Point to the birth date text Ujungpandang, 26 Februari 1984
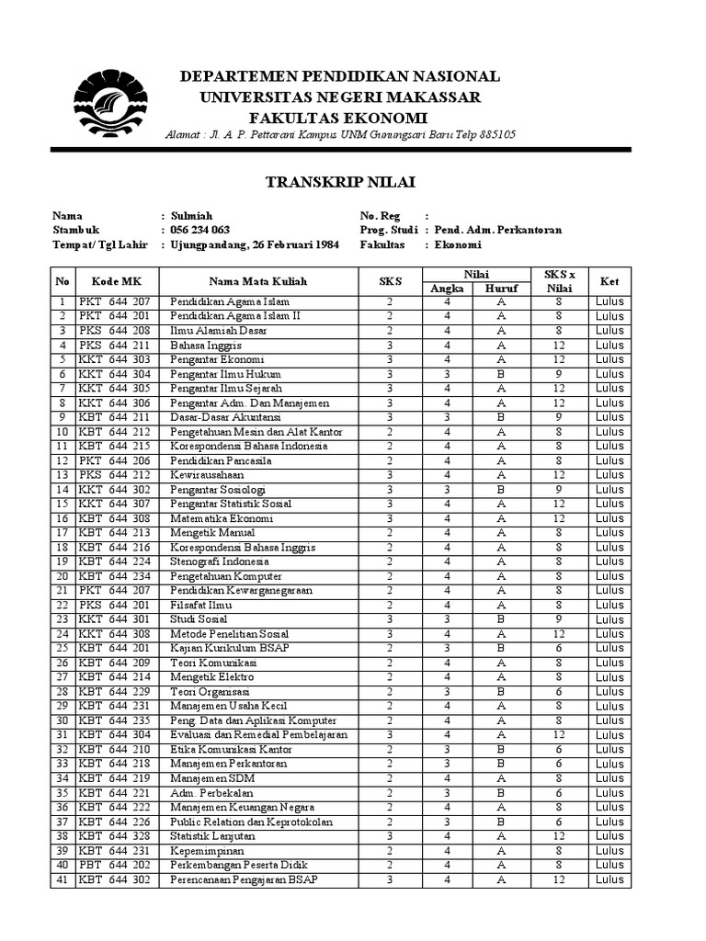point(255,244)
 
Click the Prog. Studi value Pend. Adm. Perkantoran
point(497,230)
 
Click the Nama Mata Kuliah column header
point(257,281)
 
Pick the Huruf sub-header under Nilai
point(502,289)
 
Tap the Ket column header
point(609,281)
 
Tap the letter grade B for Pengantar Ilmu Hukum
point(502,374)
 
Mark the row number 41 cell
point(63,879)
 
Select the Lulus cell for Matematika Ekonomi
point(609,518)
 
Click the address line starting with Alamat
point(340,135)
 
